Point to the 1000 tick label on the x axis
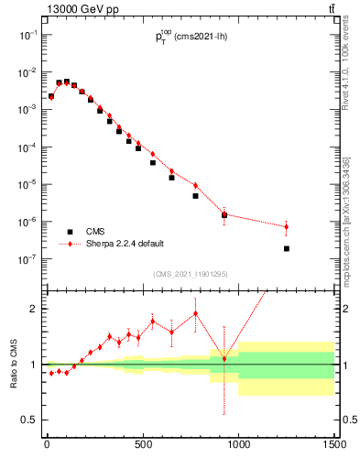tap(238, 445)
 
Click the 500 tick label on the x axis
tap(143, 445)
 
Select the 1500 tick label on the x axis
tap(333, 445)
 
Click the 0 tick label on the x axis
tap(47, 445)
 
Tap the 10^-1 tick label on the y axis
tap(29, 34)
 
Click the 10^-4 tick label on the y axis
tap(29, 147)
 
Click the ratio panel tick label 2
tap(34, 309)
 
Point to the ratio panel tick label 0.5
tap(30, 420)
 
